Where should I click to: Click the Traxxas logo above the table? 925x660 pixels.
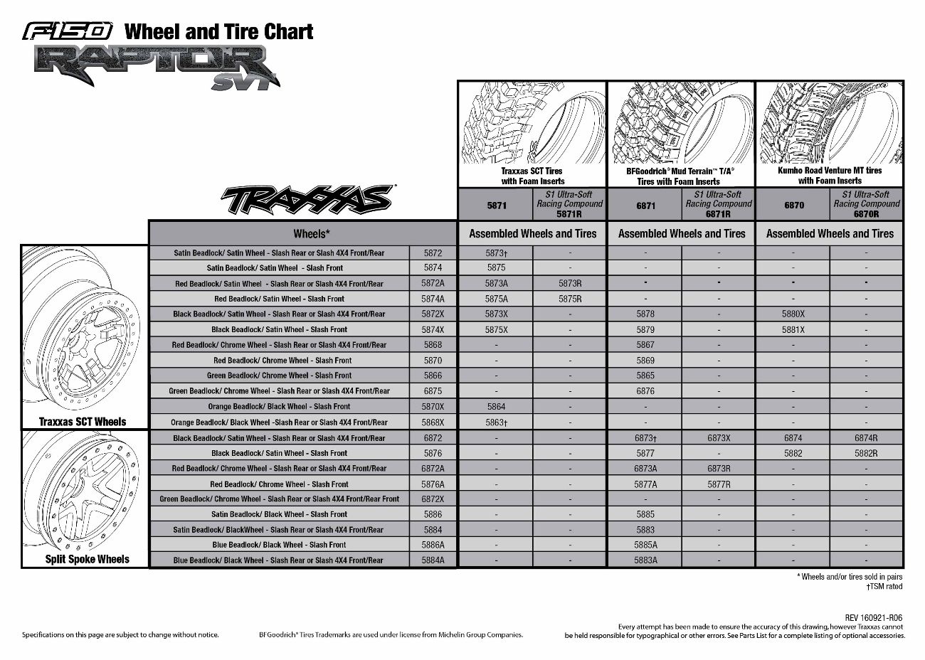[x=307, y=200]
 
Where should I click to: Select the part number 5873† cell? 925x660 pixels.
[x=496, y=253]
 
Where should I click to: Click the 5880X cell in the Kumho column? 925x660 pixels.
[x=793, y=314]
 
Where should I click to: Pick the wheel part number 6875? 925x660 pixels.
[x=433, y=391]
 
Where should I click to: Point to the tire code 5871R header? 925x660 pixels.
[x=569, y=203]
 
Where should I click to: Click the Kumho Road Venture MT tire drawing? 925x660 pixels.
[x=830, y=123]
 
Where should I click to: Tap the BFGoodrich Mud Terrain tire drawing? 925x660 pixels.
[x=681, y=123]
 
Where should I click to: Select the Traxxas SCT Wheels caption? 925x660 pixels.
[x=83, y=422]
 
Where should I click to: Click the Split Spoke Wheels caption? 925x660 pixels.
[x=87, y=559]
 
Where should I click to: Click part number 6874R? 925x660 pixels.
[x=866, y=439]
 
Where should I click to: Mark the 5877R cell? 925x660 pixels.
[x=719, y=484]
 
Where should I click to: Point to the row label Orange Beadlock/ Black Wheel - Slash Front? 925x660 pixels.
[x=279, y=407]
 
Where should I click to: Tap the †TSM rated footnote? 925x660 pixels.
[x=884, y=587]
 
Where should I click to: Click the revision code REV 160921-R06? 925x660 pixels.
[x=874, y=618]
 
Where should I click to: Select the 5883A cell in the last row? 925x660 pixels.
[x=645, y=560]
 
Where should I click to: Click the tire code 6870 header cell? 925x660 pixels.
[x=794, y=205]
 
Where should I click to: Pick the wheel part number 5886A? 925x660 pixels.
[x=433, y=545]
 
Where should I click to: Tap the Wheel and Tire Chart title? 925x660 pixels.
[x=218, y=31]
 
